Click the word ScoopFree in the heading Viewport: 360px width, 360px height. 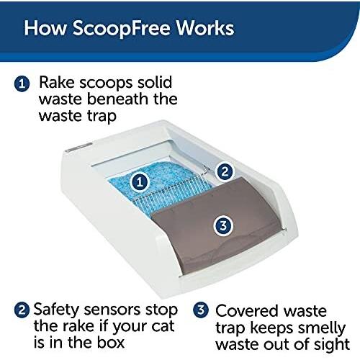pos(122,29)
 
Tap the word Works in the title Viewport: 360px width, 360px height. pos(205,28)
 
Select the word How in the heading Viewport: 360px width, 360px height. pos(45,28)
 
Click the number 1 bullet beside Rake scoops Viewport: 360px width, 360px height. pos(22,84)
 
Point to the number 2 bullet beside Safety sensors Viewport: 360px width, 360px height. pos(22,310)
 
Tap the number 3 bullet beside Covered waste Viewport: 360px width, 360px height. pos(201,310)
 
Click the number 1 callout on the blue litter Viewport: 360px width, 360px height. pos(140,181)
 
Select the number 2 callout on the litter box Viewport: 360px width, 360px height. pos(225,171)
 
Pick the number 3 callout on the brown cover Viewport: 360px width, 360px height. pos(223,225)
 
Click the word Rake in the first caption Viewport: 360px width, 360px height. pos(57,82)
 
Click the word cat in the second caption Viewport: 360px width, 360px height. pos(163,326)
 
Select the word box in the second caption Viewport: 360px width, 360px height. pos(111,342)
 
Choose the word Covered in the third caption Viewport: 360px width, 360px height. pos(247,311)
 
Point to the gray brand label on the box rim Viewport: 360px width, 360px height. pos(79,147)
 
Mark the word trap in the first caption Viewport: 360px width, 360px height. pos(102,117)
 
